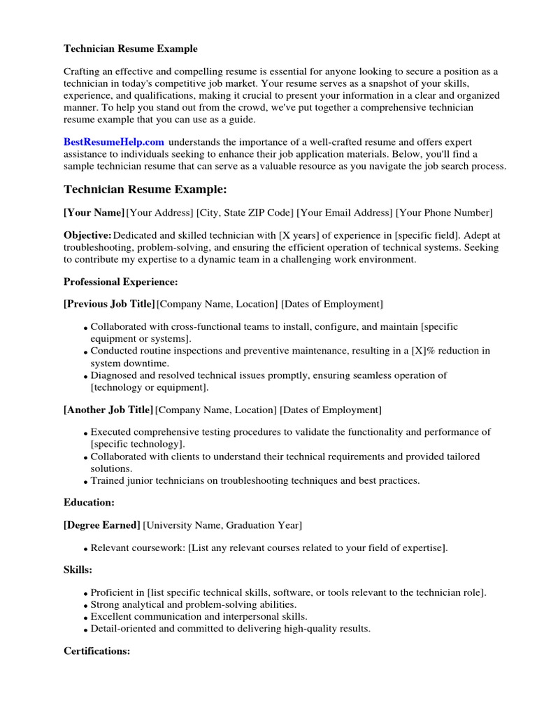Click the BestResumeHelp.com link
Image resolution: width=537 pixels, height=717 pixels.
114,142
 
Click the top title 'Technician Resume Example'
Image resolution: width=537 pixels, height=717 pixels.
131,49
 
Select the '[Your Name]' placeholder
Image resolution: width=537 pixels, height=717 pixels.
94,213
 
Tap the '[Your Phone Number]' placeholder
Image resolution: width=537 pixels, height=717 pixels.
444,213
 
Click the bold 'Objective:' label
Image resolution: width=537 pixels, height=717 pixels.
87,236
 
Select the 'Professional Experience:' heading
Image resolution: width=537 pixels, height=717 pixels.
121,281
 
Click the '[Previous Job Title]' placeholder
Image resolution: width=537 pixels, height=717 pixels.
109,304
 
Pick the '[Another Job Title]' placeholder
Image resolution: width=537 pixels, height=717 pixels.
108,410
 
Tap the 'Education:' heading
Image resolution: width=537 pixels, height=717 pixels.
89,502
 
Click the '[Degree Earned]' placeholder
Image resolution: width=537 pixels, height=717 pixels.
102,525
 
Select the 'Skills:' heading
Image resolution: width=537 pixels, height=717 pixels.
78,571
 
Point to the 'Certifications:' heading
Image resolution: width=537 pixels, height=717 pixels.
96,651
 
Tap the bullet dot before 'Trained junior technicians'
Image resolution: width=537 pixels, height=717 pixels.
86,482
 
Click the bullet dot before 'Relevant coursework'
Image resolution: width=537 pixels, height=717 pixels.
86,549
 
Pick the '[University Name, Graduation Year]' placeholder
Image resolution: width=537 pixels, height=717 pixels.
222,525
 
